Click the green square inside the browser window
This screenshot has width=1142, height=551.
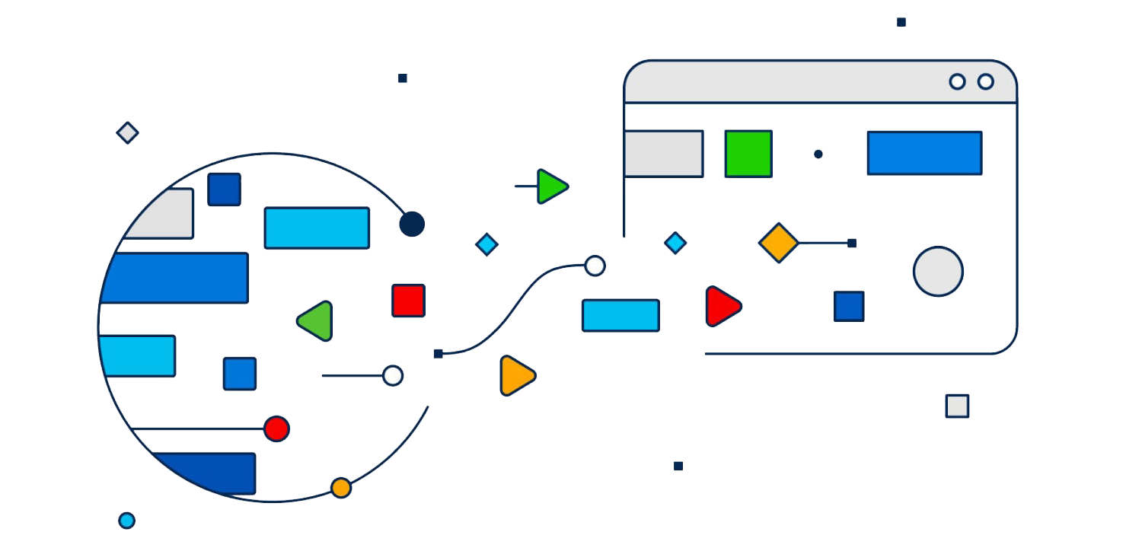[748, 154]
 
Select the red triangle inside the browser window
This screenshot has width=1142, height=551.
[721, 307]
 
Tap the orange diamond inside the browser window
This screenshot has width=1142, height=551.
[779, 243]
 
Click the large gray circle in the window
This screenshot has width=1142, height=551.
[938, 272]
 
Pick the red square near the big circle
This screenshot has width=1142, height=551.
[408, 301]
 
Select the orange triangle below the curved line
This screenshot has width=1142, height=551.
[515, 375]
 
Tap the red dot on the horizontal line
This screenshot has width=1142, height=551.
[276, 428]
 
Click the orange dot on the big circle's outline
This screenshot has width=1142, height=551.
[341, 488]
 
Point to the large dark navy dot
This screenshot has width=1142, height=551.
[412, 224]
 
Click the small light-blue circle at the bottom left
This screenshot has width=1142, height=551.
[127, 521]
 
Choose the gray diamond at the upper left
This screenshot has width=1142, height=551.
[127, 133]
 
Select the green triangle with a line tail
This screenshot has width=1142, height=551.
[551, 186]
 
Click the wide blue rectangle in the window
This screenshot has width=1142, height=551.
[924, 153]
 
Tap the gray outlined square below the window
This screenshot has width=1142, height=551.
[957, 406]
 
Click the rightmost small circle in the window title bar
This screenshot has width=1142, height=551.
[986, 81]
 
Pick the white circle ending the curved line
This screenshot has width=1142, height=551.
[595, 266]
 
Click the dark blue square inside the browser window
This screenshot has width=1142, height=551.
[849, 306]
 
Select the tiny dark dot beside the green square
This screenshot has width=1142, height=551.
[818, 154]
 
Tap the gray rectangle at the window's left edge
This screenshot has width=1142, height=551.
[663, 154]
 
